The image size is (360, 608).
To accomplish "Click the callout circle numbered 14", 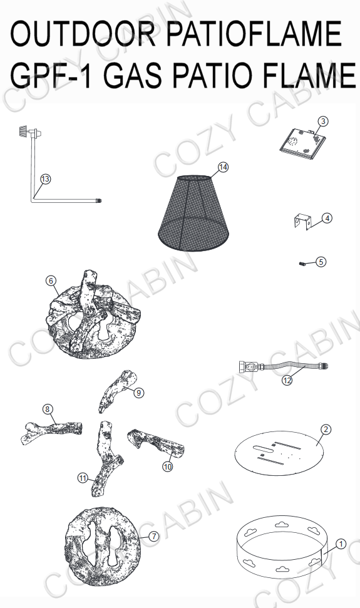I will (x=224, y=167).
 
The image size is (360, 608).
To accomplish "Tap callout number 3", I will (x=323, y=121).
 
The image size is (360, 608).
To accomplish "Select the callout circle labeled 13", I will (x=44, y=179).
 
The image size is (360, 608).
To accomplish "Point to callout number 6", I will (x=51, y=281).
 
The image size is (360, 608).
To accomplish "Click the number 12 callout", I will (x=287, y=380).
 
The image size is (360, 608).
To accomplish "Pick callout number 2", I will (x=326, y=429).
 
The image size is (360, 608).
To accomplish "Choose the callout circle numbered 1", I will (x=341, y=544).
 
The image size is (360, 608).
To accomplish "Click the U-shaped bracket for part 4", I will (x=302, y=223).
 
